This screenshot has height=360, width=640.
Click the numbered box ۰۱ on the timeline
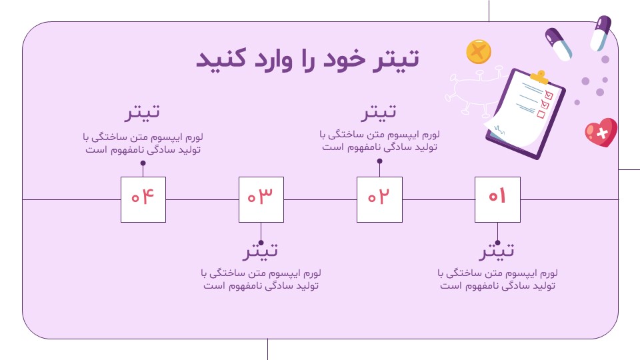[x=497, y=199]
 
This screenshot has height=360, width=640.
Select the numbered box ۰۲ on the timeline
[x=379, y=199]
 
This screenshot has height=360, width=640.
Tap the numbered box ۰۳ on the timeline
[x=261, y=199]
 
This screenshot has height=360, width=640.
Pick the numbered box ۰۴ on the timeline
[x=143, y=199]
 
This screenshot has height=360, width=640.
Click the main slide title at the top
[x=308, y=59]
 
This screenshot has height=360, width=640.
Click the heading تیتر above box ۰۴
[x=143, y=112]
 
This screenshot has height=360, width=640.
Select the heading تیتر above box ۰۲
[x=379, y=112]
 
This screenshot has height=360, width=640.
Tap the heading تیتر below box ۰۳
[x=261, y=251]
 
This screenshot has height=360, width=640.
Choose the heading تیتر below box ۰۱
[x=497, y=251]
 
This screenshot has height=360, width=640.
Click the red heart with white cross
[x=601, y=132]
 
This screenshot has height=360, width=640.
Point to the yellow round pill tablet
[x=479, y=51]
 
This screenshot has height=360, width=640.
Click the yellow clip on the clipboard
[x=539, y=76]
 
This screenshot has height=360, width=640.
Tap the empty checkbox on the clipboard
[x=541, y=114]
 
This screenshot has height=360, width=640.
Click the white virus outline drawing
[x=473, y=90]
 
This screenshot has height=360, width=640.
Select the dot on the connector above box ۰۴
[x=143, y=163]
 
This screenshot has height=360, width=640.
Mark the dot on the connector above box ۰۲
[x=379, y=161]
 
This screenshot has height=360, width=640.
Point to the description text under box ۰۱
[x=497, y=279]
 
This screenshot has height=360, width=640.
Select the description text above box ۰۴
[x=143, y=143]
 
